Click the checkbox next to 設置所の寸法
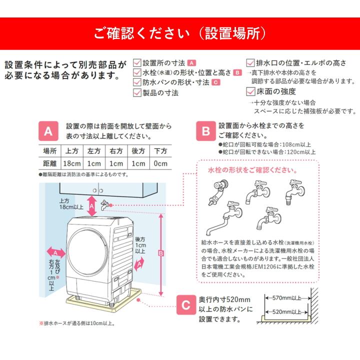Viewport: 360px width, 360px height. pos(137,63)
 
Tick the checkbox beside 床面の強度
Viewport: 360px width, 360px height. pos(250,91)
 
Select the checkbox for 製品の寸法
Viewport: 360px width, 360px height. pos(137,92)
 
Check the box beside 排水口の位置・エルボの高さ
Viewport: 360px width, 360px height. pos(250,63)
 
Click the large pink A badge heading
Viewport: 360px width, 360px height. pos(48,131)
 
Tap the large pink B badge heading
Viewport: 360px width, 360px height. pos(205,131)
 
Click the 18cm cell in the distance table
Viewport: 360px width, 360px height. pos(71,163)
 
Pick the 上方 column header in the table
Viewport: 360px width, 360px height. pos(71,150)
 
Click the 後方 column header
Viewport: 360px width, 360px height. pos(139,150)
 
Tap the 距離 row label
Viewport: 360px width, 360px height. pos(49,163)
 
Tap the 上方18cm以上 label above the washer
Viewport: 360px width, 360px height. pos(70,203)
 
